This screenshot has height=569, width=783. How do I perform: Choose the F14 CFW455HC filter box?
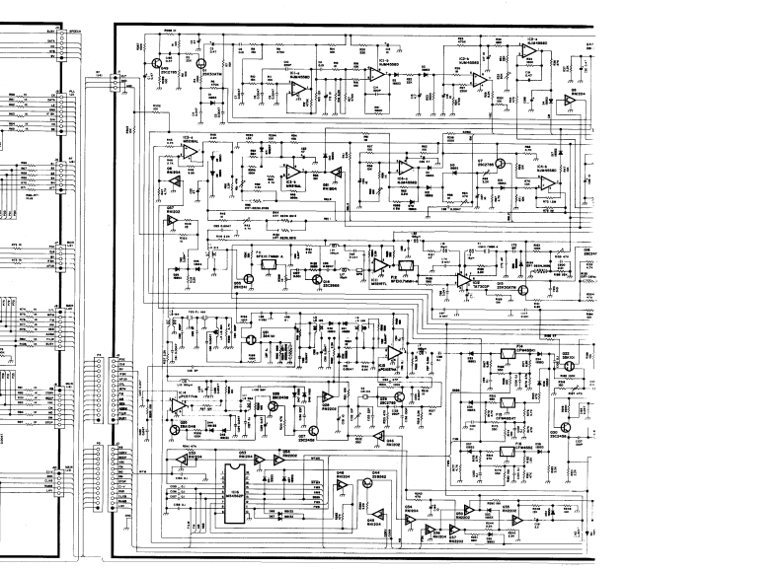click(509, 354)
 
